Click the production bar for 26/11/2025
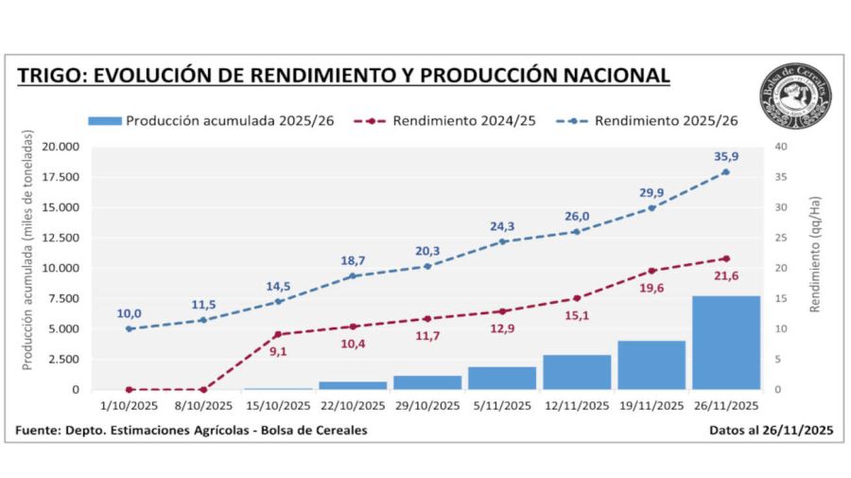point(725,343)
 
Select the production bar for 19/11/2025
point(651,365)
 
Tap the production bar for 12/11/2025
point(576,372)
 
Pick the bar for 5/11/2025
point(502,379)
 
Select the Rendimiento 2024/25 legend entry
point(444,121)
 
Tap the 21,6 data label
point(725,274)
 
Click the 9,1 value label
point(277,352)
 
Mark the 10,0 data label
point(129,313)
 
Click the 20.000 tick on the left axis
point(60,147)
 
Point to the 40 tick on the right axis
point(781,147)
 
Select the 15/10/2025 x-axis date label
point(277,406)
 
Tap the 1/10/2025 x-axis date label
point(130,406)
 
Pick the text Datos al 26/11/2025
point(771,431)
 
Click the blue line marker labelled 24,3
point(502,241)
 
